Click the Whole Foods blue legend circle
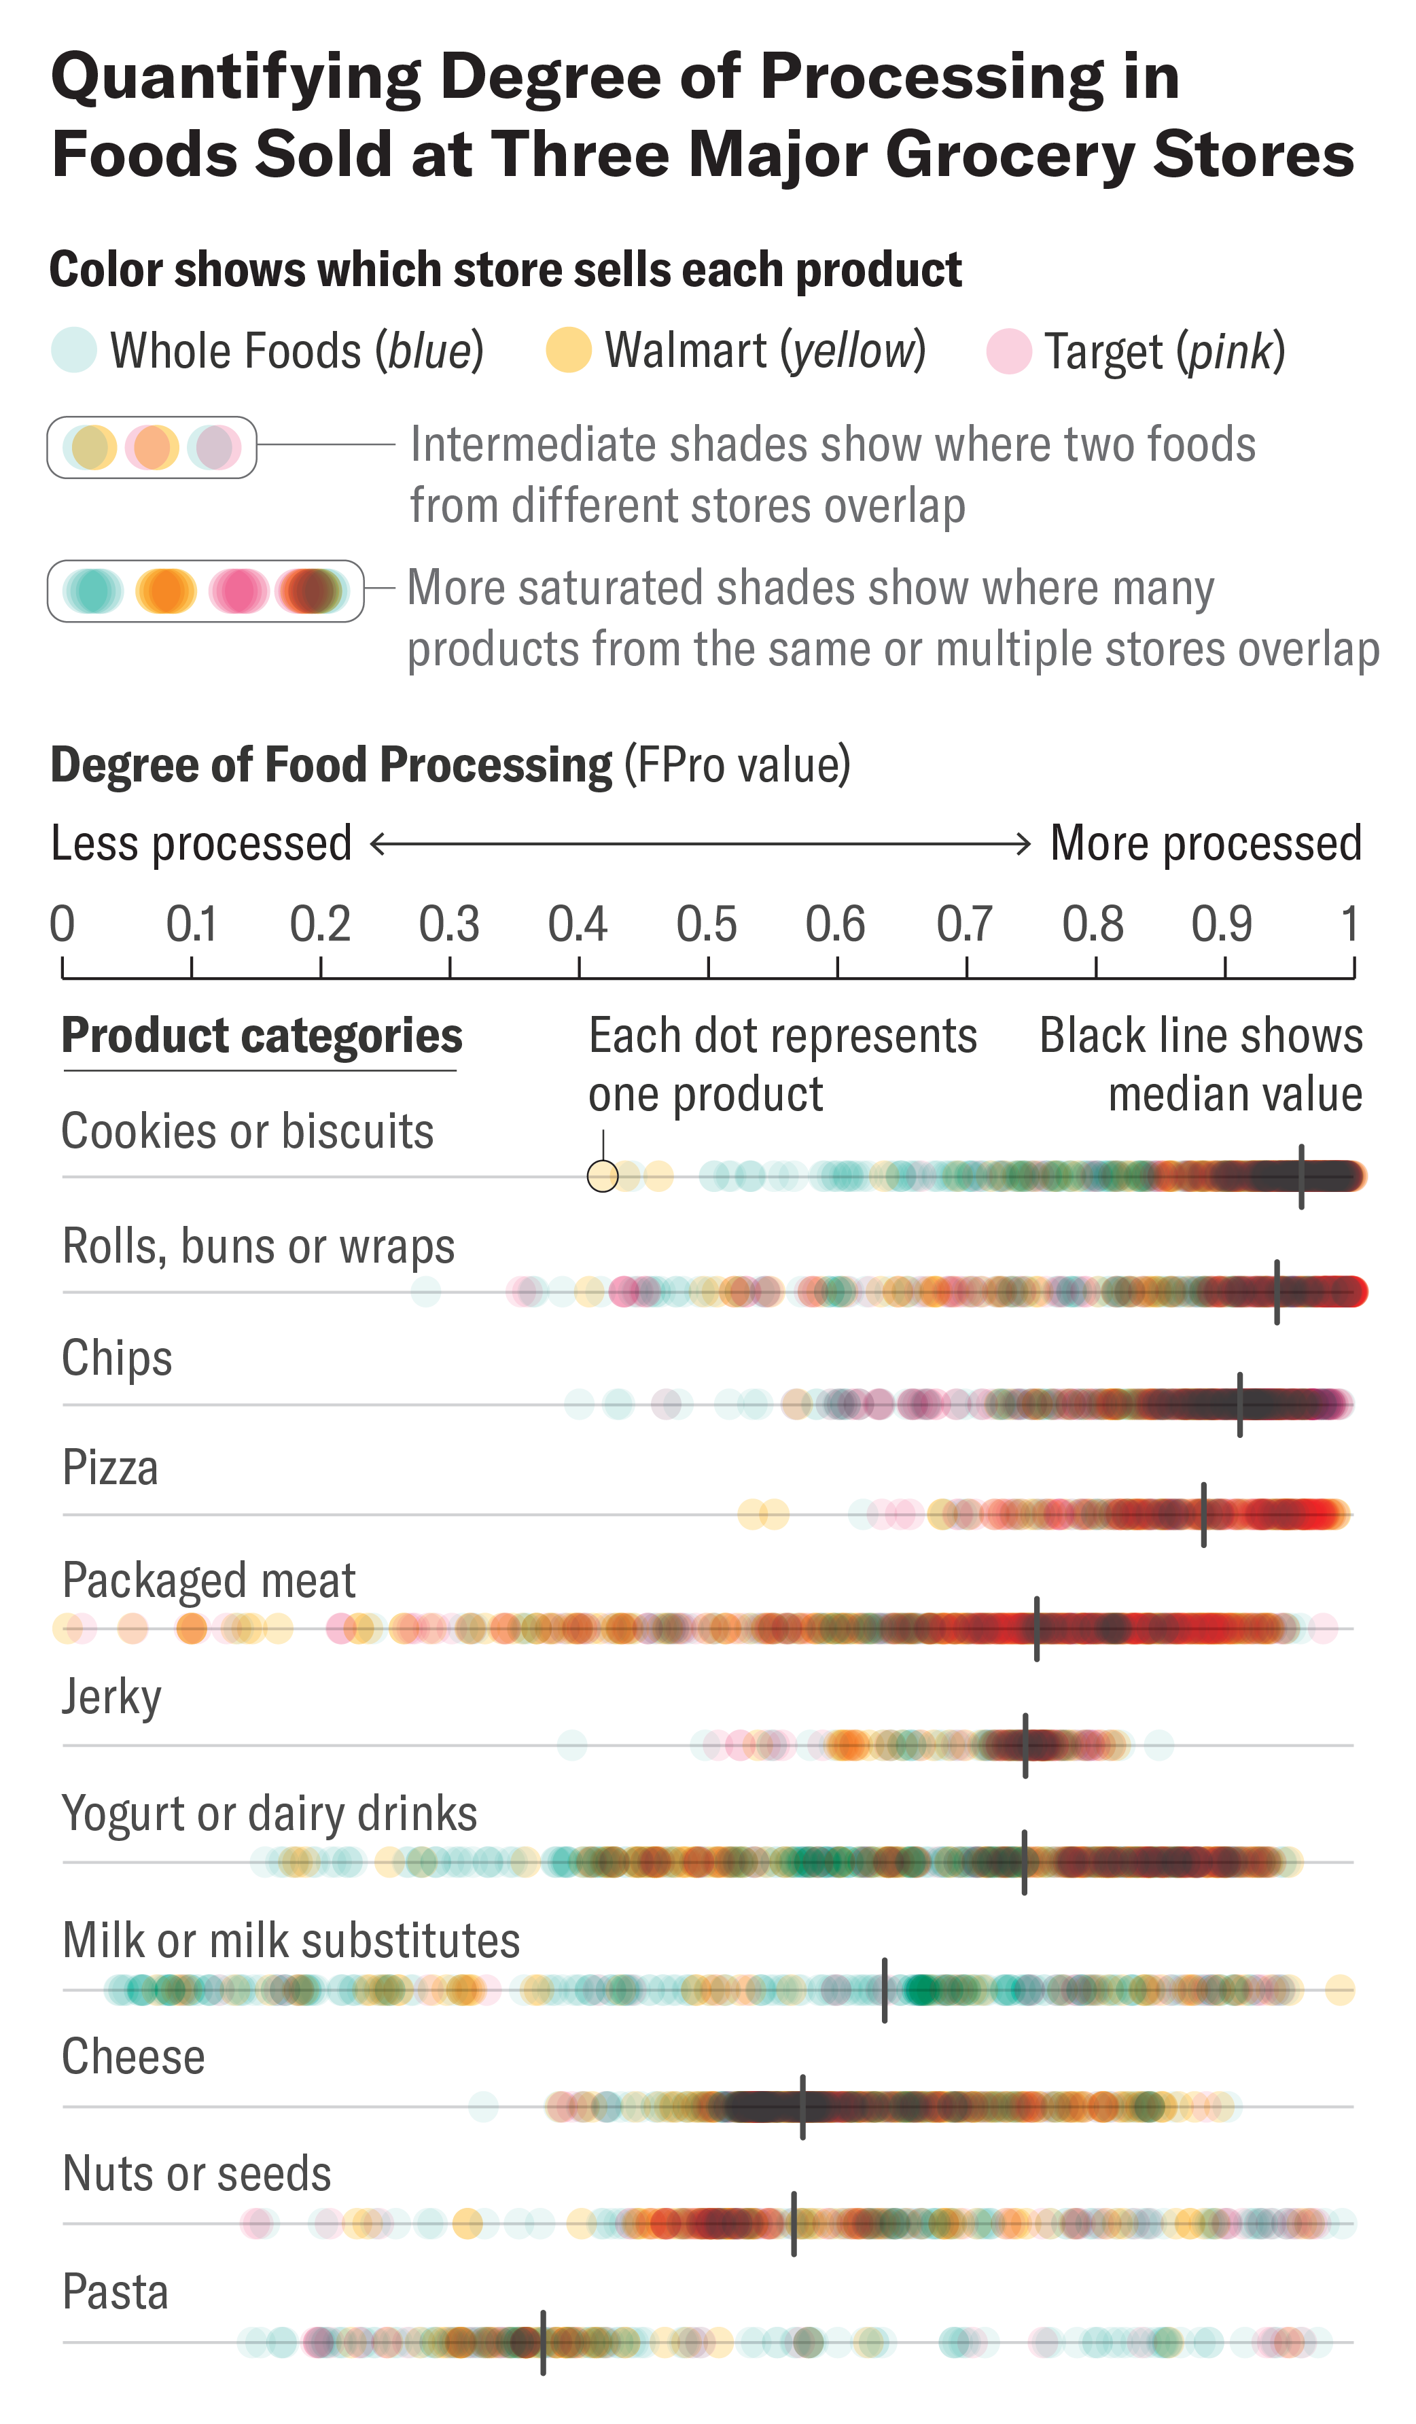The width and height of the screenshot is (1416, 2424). tap(73, 350)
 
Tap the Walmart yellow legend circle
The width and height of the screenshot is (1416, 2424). tap(569, 350)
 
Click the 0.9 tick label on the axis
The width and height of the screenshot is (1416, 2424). tap(1222, 924)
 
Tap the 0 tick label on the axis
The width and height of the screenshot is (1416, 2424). tap(63, 924)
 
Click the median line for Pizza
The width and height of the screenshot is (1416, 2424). tap(1203, 1515)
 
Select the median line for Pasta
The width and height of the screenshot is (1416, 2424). tap(544, 2342)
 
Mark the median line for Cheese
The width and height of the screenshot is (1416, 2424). tap(802, 2107)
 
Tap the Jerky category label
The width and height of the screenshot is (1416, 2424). tap(111, 1697)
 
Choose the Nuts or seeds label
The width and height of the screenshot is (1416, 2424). tap(196, 2175)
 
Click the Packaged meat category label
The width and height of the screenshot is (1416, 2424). tap(209, 1581)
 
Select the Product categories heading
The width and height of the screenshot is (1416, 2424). tap(262, 1036)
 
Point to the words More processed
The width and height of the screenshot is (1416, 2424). tap(1205, 843)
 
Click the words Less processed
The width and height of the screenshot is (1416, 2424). tap(201, 843)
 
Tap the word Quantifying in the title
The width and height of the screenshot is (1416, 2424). tap(236, 79)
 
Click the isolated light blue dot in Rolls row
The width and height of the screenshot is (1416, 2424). tap(425, 1291)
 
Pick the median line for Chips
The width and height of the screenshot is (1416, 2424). tap(1240, 1405)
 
